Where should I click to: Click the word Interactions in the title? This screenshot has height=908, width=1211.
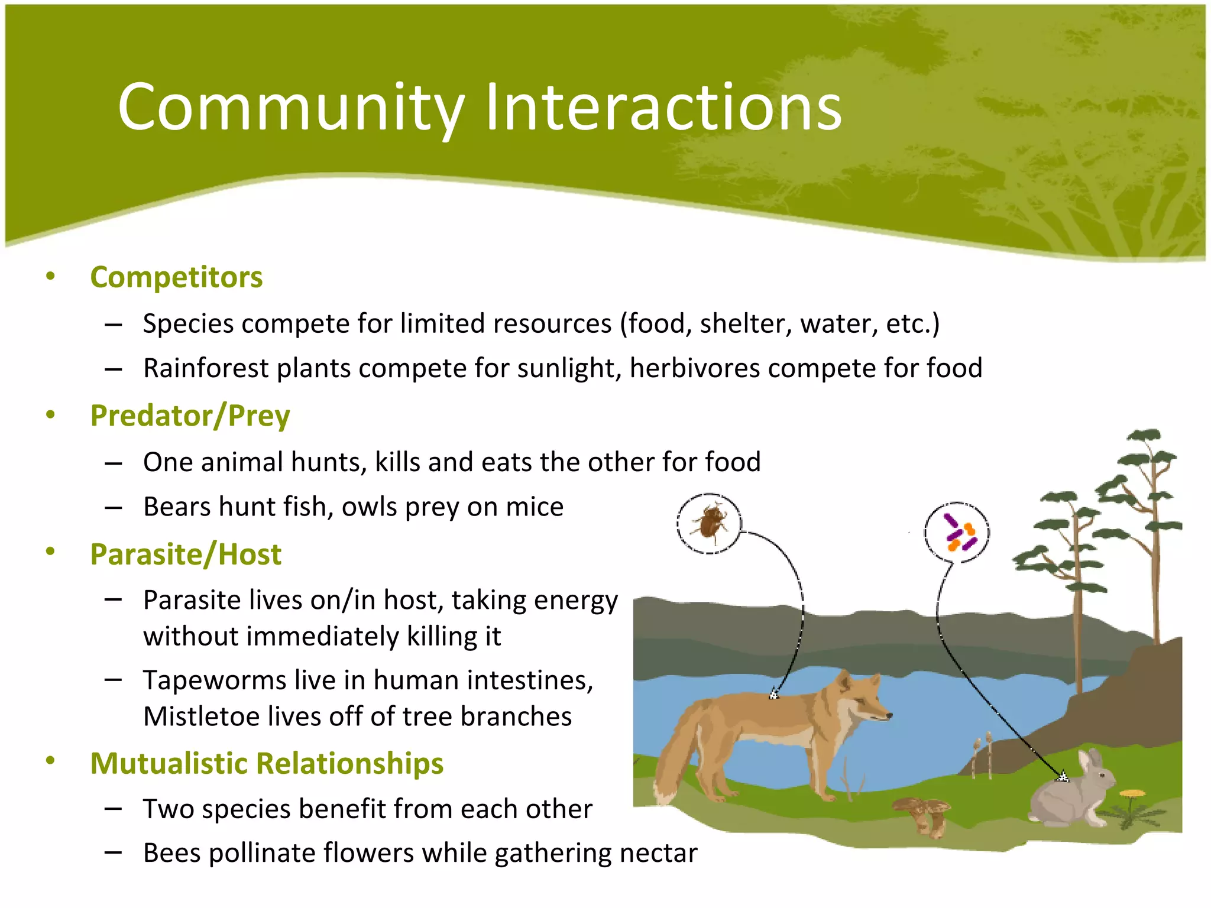pyautogui.click(x=663, y=108)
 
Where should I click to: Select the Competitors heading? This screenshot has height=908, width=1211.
pyautogui.click(x=176, y=277)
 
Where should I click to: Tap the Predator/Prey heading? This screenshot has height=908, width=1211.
pyautogui.click(x=190, y=416)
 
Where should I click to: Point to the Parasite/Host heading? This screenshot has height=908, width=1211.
pyautogui.click(x=186, y=554)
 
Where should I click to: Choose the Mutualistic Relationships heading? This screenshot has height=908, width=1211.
pyautogui.click(x=267, y=763)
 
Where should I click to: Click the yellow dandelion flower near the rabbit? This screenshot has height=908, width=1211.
pyautogui.click(x=1133, y=794)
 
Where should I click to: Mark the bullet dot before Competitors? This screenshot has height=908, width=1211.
pyautogui.click(x=50, y=276)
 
